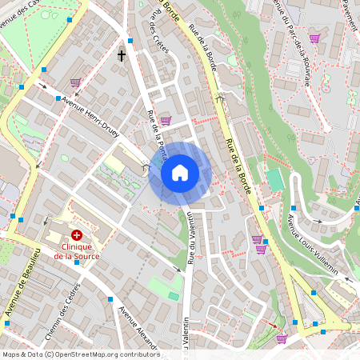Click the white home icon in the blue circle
[180, 173]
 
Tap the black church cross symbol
[122, 56]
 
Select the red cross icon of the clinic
[77, 235]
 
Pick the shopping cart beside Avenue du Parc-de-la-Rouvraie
[314, 38]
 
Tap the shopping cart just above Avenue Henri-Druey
[75, 82]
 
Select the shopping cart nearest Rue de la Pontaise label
[165, 121]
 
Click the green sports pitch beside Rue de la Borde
[274, 180]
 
